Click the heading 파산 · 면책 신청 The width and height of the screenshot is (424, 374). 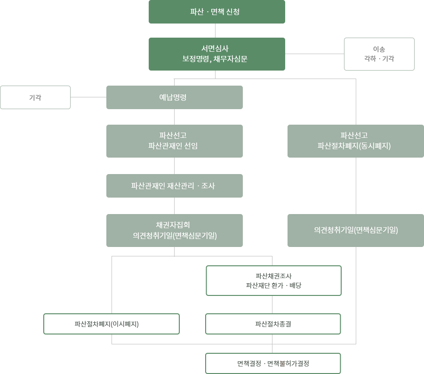pyautogui.click(x=215, y=12)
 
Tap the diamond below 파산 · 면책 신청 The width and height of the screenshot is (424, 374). pyautogui.click(x=215, y=31)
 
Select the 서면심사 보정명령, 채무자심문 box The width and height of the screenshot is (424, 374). pyautogui.click(x=216, y=54)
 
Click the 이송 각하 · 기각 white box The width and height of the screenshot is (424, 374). pyautogui.click(x=379, y=54)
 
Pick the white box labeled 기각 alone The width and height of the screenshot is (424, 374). pyautogui.click(x=35, y=97)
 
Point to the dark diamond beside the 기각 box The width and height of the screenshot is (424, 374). pyautogui.click(x=88, y=98)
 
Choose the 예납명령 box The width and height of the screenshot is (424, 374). pyautogui.click(x=182, y=97)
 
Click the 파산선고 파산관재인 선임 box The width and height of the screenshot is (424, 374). pyautogui.click(x=182, y=141)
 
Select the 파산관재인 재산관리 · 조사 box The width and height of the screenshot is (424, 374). pyautogui.click(x=182, y=186)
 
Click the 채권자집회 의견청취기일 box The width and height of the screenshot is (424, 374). pyautogui.click(x=182, y=231)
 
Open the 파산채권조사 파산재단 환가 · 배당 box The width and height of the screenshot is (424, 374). pyautogui.click(x=273, y=281)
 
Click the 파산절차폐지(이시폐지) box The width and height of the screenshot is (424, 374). pyautogui.click(x=112, y=324)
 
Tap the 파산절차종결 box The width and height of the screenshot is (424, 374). pyautogui.click(x=273, y=324)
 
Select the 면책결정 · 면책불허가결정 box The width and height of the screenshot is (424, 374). pyautogui.click(x=273, y=363)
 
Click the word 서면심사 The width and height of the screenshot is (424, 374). pyautogui.click(x=215, y=48)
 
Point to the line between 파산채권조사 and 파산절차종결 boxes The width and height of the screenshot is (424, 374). pyautogui.click(x=272, y=304)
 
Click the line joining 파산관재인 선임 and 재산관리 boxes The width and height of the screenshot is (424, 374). pyautogui.click(x=175, y=166)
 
